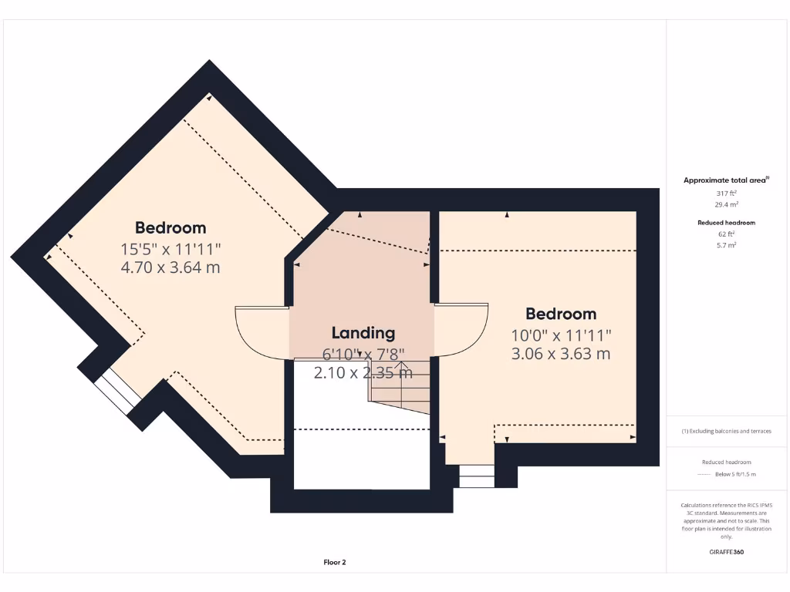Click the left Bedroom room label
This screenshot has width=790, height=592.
(170, 227)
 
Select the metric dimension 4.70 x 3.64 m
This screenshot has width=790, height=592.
(170, 267)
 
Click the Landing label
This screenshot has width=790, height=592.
(363, 333)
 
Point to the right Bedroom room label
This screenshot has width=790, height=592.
(561, 314)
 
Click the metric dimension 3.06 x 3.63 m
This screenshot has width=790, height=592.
(561, 354)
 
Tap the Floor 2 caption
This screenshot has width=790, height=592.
(335, 563)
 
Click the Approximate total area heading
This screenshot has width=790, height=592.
(726, 180)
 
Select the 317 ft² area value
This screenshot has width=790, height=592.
(726, 193)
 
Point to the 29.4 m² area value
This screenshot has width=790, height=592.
(726, 204)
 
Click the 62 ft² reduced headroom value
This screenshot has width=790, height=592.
(726, 233)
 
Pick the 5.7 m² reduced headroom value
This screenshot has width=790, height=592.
(726, 244)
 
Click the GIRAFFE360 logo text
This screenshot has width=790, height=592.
(726, 552)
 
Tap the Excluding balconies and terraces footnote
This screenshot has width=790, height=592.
(726, 431)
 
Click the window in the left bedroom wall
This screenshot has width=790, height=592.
(117, 391)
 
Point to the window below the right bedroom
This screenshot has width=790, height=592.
(477, 476)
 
